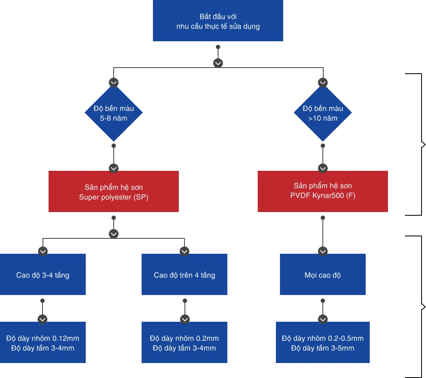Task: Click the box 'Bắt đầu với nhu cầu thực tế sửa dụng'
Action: click(x=218, y=21)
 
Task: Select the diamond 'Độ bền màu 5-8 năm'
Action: click(x=114, y=113)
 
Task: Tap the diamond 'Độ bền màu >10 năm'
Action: click(x=323, y=113)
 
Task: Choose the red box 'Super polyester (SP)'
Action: click(x=114, y=191)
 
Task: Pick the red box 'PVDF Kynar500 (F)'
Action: click(x=323, y=191)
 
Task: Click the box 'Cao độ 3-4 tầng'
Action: click(x=43, y=274)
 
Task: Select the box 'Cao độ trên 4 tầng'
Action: click(x=184, y=274)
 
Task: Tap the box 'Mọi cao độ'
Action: click(x=323, y=274)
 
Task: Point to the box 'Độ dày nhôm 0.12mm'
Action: click(x=43, y=342)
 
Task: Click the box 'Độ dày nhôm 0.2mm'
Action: click(x=184, y=342)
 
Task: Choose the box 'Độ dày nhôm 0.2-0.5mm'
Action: click(x=323, y=342)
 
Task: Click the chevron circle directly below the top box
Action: click(x=218, y=63)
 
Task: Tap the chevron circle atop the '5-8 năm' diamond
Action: click(x=114, y=83)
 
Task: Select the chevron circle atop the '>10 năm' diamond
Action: click(x=323, y=83)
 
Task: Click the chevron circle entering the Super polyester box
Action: click(x=114, y=168)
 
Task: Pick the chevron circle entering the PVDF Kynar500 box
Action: click(x=323, y=168)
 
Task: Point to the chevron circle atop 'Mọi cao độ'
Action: click(x=323, y=251)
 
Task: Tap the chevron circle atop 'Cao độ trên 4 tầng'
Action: click(x=184, y=251)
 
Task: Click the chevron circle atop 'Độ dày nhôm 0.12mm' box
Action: click(x=42, y=319)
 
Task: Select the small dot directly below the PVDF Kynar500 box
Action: click(x=323, y=218)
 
